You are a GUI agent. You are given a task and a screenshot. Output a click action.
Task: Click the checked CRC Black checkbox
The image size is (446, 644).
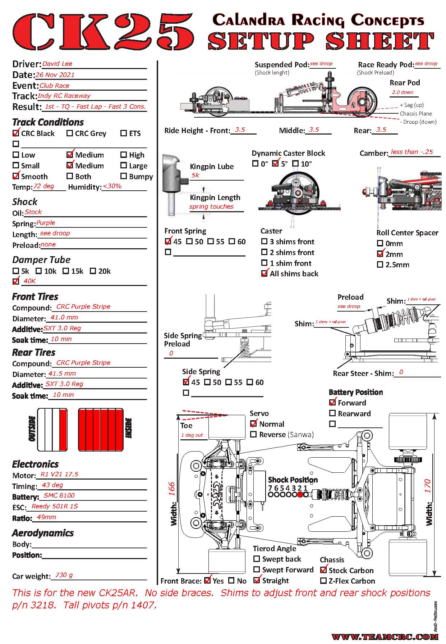click(x=16, y=133)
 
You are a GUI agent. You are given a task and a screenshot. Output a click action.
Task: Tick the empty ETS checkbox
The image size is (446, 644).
click(x=124, y=133)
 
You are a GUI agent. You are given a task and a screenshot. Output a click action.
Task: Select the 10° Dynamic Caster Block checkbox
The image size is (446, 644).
click(x=296, y=164)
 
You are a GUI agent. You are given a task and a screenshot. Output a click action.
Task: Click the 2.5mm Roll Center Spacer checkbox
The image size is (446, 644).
click(x=380, y=265)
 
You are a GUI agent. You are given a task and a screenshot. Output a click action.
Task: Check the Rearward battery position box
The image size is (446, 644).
click(x=332, y=414)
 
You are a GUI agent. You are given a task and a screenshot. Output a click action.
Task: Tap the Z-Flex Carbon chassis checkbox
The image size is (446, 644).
click(x=323, y=581)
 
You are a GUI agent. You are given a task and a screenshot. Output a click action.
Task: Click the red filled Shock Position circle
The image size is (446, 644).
click(x=300, y=495)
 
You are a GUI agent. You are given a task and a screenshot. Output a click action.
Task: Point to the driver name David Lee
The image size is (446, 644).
click(x=57, y=64)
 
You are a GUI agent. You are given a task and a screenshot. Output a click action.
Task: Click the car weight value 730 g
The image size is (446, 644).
click(x=64, y=575)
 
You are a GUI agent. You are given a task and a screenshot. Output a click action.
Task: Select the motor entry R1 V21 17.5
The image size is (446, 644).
click(x=59, y=474)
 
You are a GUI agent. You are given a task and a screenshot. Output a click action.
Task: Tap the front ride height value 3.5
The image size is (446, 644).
click(x=240, y=130)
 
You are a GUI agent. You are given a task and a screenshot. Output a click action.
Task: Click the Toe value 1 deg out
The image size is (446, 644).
click(x=192, y=435)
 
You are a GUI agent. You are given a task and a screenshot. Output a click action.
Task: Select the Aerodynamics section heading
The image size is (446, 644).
click(x=43, y=533)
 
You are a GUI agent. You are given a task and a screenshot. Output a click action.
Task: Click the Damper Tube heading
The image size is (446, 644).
click(x=41, y=260)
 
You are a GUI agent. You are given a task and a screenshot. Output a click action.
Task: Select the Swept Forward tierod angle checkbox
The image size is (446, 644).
click(x=257, y=570)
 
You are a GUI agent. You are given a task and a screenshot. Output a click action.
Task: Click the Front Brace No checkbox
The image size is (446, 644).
click(x=232, y=580)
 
